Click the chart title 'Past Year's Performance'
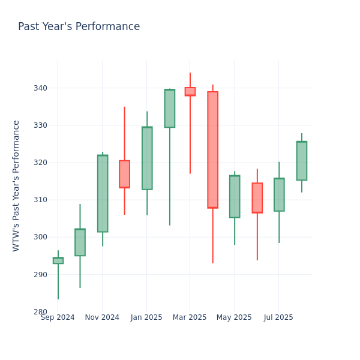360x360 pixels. coord(79,27)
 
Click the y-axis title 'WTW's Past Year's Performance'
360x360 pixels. coord(16,185)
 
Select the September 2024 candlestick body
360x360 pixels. coord(58,260)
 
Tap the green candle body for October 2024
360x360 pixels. coord(80,242)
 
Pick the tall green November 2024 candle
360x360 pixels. coord(103,193)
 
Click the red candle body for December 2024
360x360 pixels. coord(124,174)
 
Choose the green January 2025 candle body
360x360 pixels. coord(147,158)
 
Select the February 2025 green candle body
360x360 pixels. coord(169,109)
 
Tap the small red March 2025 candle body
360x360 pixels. coord(190,91)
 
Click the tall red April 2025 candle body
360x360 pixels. coord(212,149)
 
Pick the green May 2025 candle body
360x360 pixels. coord(235,196)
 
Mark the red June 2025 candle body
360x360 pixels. coord(257,197)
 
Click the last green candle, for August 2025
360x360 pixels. coord(301,161)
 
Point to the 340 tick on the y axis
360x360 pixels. coord(40,88)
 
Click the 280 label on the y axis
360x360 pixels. coord(40,311)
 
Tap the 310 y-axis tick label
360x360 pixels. coord(40,200)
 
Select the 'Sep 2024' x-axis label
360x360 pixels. coord(58,317)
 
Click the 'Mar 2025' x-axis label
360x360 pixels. coord(190,317)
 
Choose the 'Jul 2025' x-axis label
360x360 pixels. coord(278,317)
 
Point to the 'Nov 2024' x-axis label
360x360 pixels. coord(102,317)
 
